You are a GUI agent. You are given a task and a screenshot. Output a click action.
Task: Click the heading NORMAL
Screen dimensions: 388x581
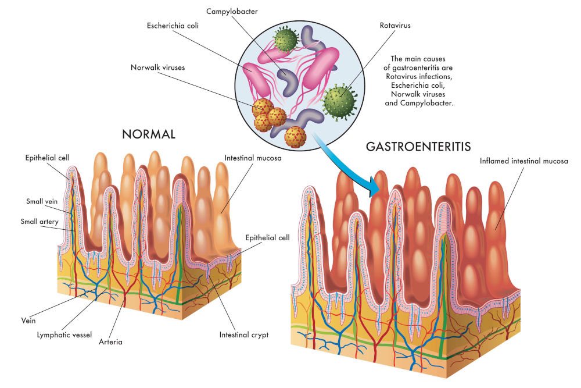pos(149,134)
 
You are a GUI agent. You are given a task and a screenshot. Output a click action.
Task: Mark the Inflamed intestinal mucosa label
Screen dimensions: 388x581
pos(524,161)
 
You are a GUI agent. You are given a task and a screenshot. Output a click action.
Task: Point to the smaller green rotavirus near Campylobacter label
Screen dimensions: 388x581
pos(286,40)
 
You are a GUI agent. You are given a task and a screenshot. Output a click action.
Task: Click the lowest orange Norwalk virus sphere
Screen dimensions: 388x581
pos(295,137)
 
